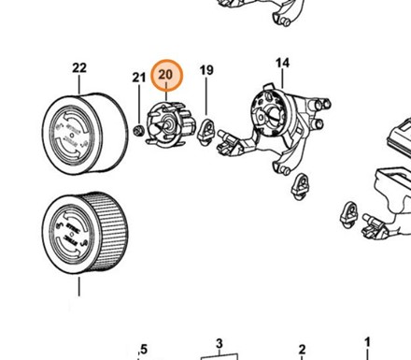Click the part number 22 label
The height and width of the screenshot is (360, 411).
pyautogui.click(x=79, y=67)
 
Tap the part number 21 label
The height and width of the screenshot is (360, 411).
pyautogui.click(x=139, y=78)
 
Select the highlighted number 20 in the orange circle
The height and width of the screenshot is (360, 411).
pyautogui.click(x=165, y=75)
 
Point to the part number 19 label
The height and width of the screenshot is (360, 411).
pyautogui.click(x=206, y=70)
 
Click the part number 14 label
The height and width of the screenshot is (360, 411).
pyautogui.click(x=282, y=63)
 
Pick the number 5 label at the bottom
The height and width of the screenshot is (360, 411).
pyautogui.click(x=144, y=349)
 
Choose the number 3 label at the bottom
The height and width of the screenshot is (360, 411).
pyautogui.click(x=220, y=344)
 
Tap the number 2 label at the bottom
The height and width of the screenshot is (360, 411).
pyautogui.click(x=302, y=349)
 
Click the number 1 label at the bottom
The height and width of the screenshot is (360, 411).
pyautogui.click(x=367, y=342)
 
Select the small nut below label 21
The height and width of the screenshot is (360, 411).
pyautogui.click(x=138, y=130)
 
